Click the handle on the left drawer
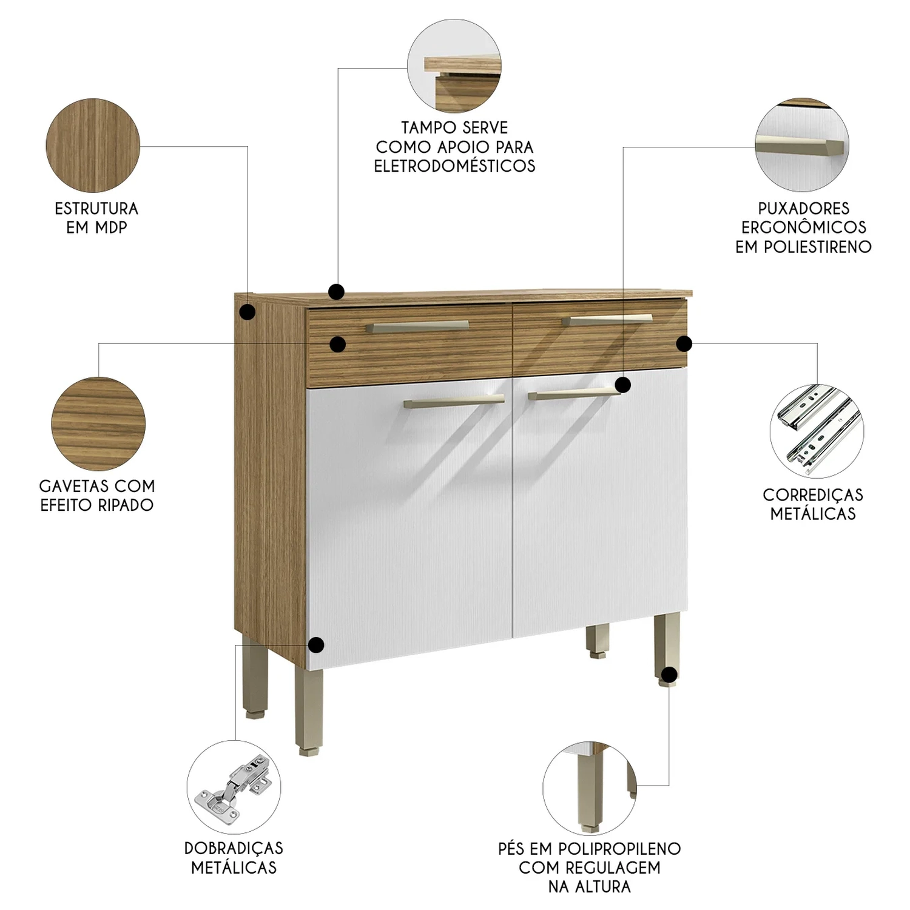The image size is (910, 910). pos(417,326)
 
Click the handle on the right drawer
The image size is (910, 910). pos(607,320)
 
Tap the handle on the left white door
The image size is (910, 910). pos(454,401)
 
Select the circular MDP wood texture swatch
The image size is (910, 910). pos(93,146)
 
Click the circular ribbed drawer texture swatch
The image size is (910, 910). pos(98,423)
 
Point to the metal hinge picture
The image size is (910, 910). pos(234,787)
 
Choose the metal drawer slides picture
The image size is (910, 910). pos(817,431)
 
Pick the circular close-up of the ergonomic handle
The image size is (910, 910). pos(802,146)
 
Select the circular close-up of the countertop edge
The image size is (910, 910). pos(454,66)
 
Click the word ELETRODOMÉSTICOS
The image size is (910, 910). pos(454,166)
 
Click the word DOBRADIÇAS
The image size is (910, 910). pos(234,848)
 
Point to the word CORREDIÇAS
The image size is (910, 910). pos(813,495)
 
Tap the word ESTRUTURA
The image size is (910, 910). pos(96,209)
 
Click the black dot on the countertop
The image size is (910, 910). pos(336,292)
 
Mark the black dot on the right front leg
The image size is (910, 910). pos(669,675)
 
